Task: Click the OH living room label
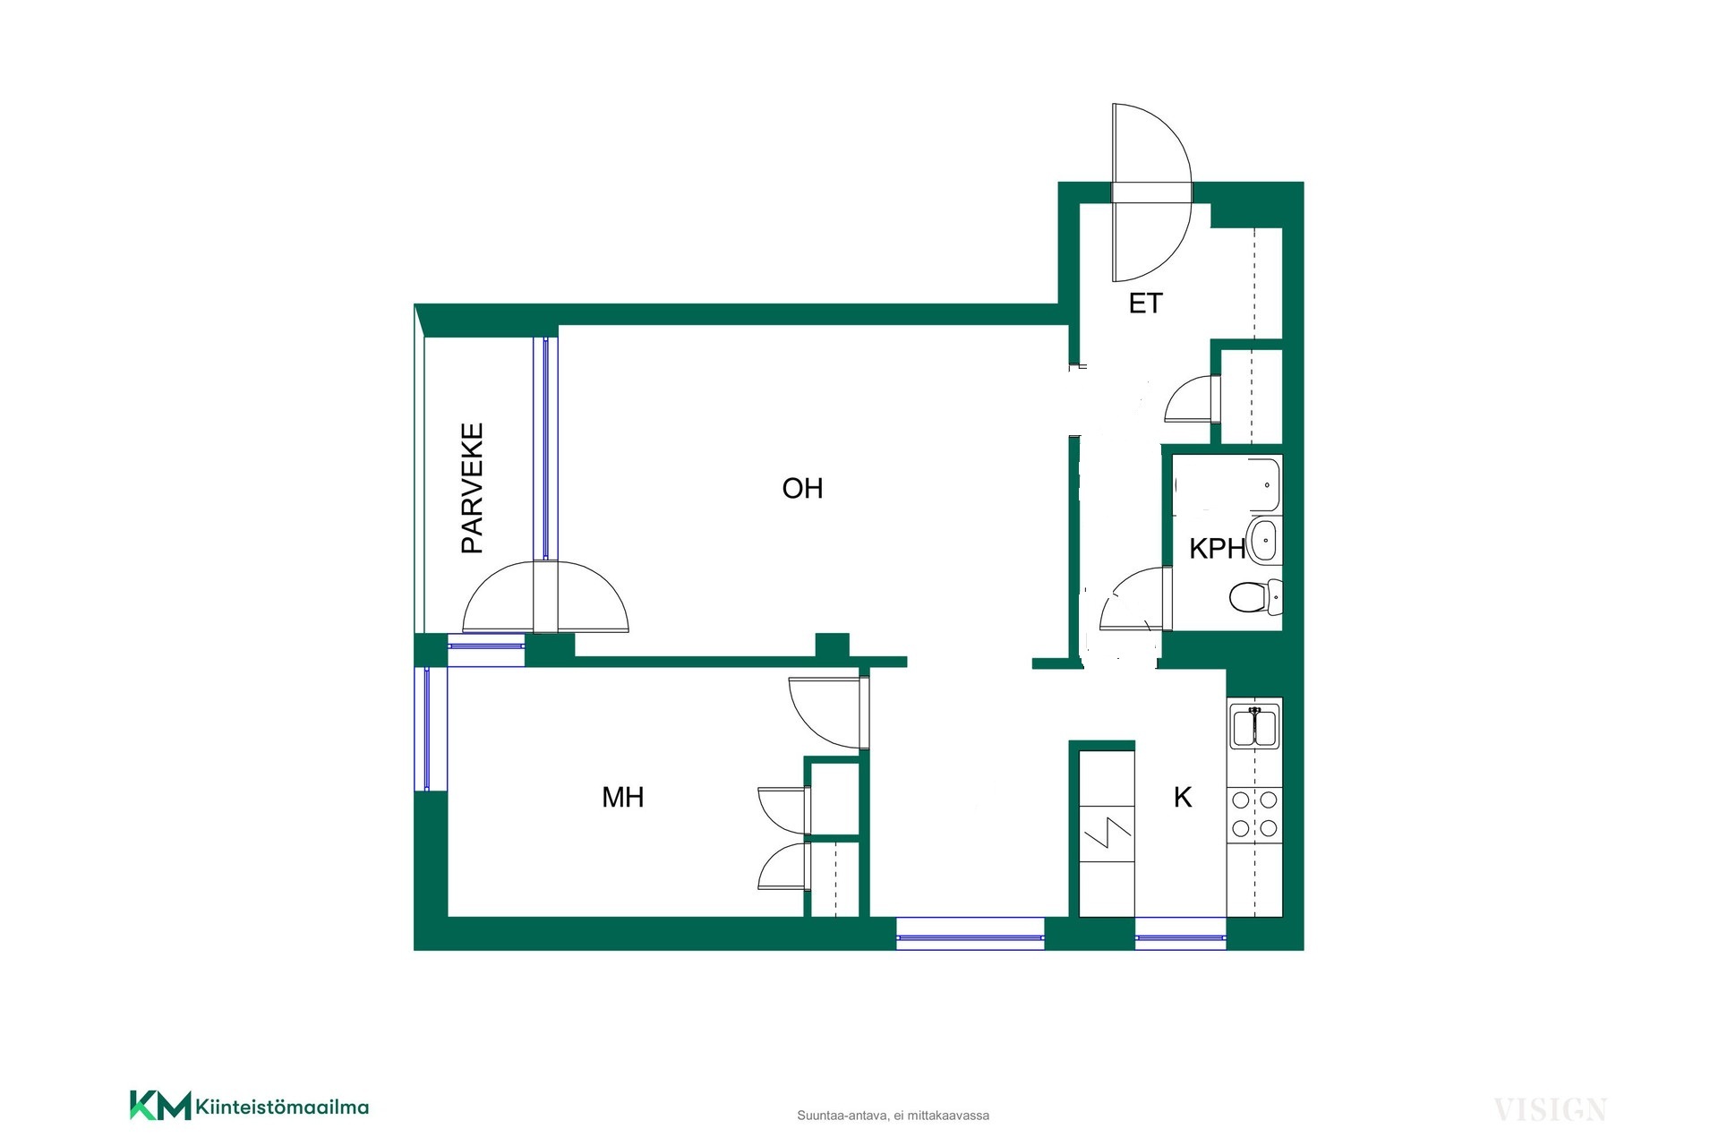(802, 488)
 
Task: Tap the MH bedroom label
(623, 797)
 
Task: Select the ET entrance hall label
(1145, 304)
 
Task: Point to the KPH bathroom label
(1218, 548)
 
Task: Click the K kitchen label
(1183, 797)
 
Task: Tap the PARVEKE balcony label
(472, 488)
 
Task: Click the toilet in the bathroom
(1255, 596)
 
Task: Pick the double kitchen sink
(1254, 726)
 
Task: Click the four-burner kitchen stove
(1254, 814)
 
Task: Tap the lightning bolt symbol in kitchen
(1108, 833)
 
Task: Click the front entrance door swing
(1151, 192)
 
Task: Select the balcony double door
(545, 597)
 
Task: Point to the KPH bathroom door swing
(1135, 599)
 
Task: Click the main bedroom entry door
(829, 713)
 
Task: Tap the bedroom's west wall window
(428, 729)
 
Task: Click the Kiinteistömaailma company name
(282, 1108)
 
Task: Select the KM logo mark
(160, 1105)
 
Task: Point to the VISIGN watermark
(1550, 1110)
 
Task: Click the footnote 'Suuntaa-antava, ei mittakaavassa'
(893, 1116)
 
